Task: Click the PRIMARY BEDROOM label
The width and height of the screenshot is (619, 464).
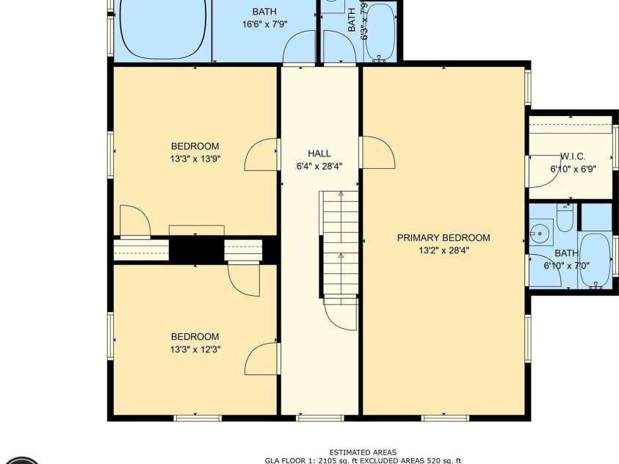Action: pos(444,238)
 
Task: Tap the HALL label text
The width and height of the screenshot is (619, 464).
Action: pos(319,153)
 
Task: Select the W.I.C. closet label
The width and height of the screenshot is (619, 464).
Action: pos(573,157)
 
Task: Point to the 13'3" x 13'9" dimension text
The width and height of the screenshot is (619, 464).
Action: pos(195,159)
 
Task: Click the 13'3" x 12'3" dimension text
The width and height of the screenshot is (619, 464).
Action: pos(195,349)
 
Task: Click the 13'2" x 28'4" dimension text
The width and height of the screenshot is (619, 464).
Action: pos(444,250)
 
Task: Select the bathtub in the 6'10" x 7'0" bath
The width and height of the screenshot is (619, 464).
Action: pos(594,260)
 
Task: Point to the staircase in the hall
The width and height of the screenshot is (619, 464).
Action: pos(339,242)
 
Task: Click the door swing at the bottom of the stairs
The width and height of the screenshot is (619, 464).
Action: pos(341,316)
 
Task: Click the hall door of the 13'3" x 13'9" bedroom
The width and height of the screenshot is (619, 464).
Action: pos(261,155)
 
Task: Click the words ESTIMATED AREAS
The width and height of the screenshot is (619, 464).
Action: pos(363,452)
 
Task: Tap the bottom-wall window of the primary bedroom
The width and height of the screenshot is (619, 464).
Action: pos(445,418)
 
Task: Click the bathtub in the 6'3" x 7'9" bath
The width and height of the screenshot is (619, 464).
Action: pos(380,31)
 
